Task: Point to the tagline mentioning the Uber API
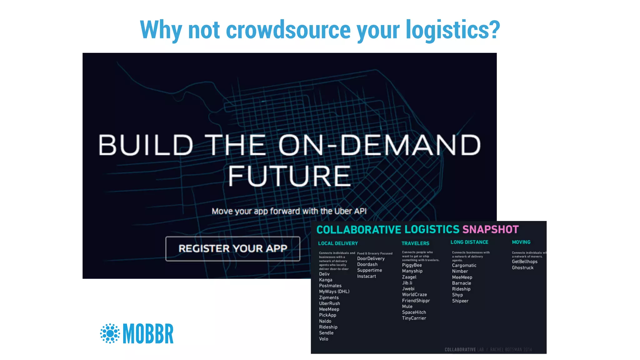click(x=289, y=211)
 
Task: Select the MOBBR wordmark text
click(x=148, y=334)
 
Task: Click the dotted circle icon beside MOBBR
click(x=110, y=333)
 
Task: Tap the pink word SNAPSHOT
click(x=490, y=230)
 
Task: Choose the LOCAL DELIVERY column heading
click(x=338, y=243)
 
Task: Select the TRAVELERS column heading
click(x=415, y=243)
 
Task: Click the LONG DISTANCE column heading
click(x=469, y=242)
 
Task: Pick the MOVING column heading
click(x=521, y=242)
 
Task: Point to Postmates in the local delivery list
click(x=330, y=286)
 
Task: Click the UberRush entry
click(x=329, y=303)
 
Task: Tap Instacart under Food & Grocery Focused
click(x=366, y=276)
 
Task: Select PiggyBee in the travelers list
click(x=412, y=265)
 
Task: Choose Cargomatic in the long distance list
click(x=464, y=265)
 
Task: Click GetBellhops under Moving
click(x=524, y=262)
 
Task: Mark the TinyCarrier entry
click(x=414, y=318)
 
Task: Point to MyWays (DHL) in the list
click(x=334, y=292)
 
